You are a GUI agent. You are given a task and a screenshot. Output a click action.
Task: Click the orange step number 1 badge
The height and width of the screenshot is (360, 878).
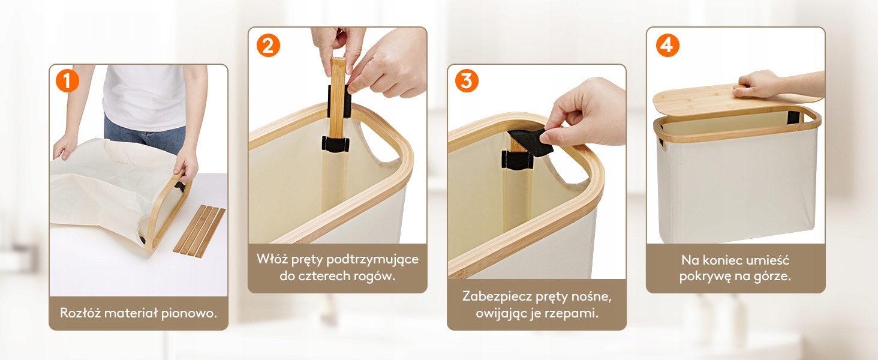(67, 81)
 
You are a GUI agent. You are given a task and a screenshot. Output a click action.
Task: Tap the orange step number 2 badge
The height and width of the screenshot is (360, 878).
(268, 46)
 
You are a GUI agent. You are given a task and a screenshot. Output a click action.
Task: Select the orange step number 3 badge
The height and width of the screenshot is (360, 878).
(467, 81)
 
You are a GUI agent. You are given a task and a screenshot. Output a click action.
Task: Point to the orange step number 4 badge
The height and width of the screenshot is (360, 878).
(667, 46)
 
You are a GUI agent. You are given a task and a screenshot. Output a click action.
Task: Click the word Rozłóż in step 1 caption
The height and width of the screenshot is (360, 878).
(80, 313)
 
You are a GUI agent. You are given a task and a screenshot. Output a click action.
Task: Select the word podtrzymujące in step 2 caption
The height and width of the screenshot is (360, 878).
(372, 260)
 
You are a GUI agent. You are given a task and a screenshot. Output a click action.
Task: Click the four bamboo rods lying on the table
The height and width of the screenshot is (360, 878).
(199, 231)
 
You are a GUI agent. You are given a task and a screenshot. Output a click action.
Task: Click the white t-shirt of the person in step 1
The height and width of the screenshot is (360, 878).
(145, 97)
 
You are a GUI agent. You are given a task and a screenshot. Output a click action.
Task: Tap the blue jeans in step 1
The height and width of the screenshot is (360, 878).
(145, 134)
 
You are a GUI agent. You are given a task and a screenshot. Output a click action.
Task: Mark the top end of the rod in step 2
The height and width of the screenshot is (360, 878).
(338, 59)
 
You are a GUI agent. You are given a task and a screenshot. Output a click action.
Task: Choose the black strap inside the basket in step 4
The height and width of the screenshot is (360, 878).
(793, 117)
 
